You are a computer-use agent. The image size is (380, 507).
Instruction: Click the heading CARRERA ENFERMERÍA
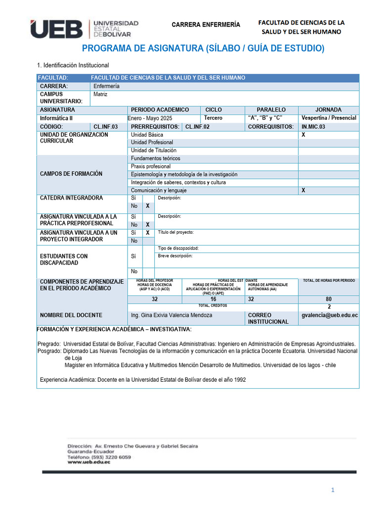pos(205,25)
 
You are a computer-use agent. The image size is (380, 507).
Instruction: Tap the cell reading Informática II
pos(56,118)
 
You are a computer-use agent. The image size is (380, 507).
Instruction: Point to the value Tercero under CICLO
pos(213,118)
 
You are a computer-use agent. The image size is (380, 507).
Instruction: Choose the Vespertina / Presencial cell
pos(329,118)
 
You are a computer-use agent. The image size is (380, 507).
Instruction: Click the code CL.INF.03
pos(106,127)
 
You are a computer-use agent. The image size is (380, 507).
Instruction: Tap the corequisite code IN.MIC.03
pos(314,127)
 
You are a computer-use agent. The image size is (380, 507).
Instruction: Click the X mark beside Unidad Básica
pos(303,135)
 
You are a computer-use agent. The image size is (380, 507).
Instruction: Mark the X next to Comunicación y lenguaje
pos(303,190)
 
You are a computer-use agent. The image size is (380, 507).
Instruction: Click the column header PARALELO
pos(271,109)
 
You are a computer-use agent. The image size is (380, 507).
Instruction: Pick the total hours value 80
pos(329,299)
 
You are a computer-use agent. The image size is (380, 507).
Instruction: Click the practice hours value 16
pos(213,299)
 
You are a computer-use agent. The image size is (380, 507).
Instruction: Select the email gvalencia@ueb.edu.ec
pos(330,315)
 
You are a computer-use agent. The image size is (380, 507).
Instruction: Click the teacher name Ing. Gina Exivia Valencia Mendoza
pos(171,315)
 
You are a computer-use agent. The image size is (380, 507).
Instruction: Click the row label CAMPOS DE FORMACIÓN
pos(71,174)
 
